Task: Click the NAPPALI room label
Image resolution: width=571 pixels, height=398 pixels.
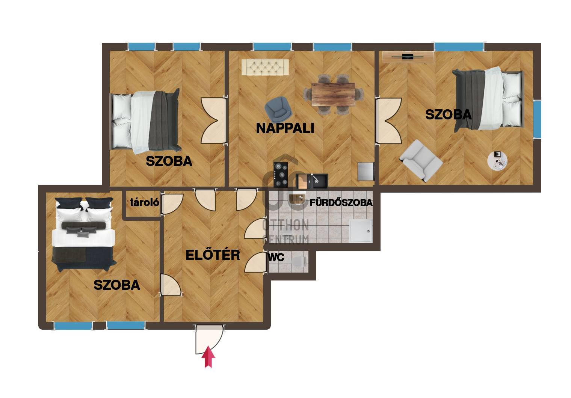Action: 285,128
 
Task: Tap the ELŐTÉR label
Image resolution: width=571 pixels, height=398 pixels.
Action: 213,255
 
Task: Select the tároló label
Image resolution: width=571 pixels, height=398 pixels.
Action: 145,202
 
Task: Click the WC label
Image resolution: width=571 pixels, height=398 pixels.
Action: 276,258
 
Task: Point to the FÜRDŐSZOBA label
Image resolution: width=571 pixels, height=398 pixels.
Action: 341,203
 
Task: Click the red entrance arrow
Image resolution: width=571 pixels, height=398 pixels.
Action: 208,357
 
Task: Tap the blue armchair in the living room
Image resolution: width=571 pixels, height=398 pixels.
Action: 278,109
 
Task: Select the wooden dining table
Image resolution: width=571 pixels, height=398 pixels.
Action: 333,94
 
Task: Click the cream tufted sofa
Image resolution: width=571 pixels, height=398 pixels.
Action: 265,67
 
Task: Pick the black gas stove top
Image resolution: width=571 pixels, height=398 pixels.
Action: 281,175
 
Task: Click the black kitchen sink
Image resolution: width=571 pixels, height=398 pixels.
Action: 312,181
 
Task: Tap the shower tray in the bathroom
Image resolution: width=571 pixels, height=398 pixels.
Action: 361,231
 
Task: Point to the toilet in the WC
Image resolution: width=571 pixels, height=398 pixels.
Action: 300,261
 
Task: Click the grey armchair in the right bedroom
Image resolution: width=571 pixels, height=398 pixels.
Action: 421,161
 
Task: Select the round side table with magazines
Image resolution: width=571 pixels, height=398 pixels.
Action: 497,161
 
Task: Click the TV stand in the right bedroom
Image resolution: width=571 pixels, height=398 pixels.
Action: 408,57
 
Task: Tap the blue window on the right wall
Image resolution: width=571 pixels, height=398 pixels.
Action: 537,119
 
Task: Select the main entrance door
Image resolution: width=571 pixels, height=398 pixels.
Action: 209,339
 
